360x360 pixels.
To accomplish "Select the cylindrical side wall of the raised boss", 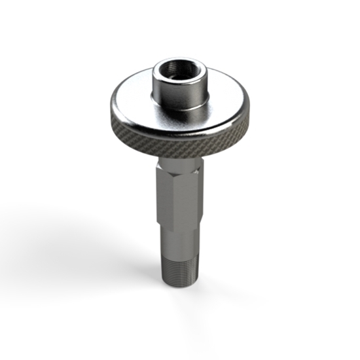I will (180, 92).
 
